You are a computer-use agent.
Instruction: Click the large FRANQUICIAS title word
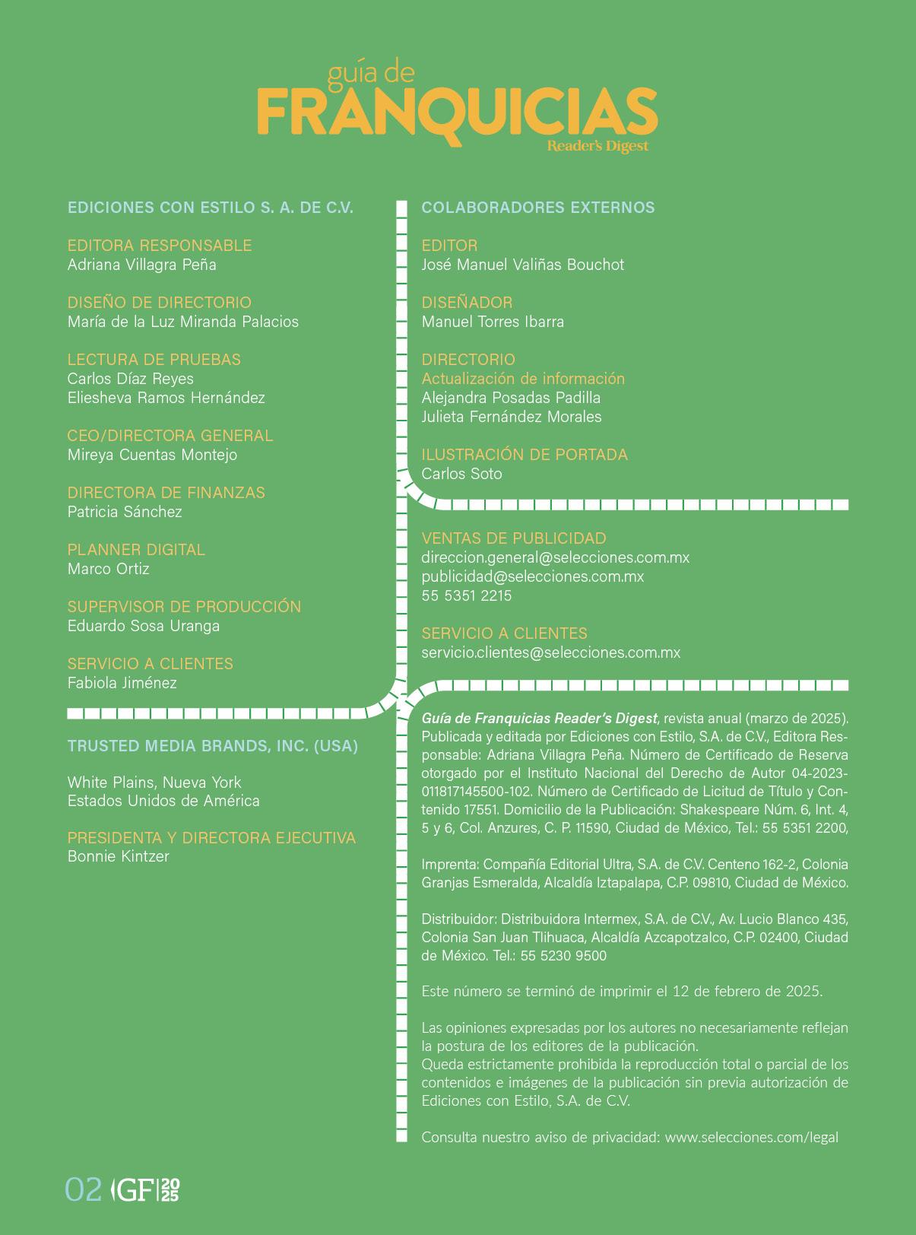pos(457,112)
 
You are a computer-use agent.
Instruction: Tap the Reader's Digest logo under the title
pos(597,146)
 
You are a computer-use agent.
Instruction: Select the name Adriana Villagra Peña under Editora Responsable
pos(142,265)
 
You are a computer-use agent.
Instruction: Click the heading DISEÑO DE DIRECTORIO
pos(159,303)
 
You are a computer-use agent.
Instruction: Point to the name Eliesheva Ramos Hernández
pos(166,398)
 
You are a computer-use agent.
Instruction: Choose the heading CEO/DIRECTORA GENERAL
pos(170,436)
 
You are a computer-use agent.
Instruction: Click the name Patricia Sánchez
pos(125,512)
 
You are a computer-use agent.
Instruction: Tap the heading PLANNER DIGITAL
pos(136,550)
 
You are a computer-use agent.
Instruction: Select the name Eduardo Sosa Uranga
pos(143,626)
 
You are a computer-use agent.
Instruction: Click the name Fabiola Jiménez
pos(122,683)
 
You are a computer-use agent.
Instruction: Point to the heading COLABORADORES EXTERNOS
pos(537,208)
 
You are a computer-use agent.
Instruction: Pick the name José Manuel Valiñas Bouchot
pos(522,265)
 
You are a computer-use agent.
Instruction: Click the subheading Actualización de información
pos(523,379)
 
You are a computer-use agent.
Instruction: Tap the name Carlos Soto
pos(461,474)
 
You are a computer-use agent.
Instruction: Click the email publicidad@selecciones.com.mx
pos(532,576)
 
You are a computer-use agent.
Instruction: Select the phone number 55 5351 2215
pos(466,595)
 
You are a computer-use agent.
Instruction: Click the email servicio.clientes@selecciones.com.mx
pos(550,652)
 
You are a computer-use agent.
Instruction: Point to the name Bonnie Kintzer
pos(118,856)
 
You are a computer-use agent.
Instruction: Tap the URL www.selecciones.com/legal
pos(751,1138)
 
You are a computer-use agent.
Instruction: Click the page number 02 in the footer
pos(84,1189)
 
